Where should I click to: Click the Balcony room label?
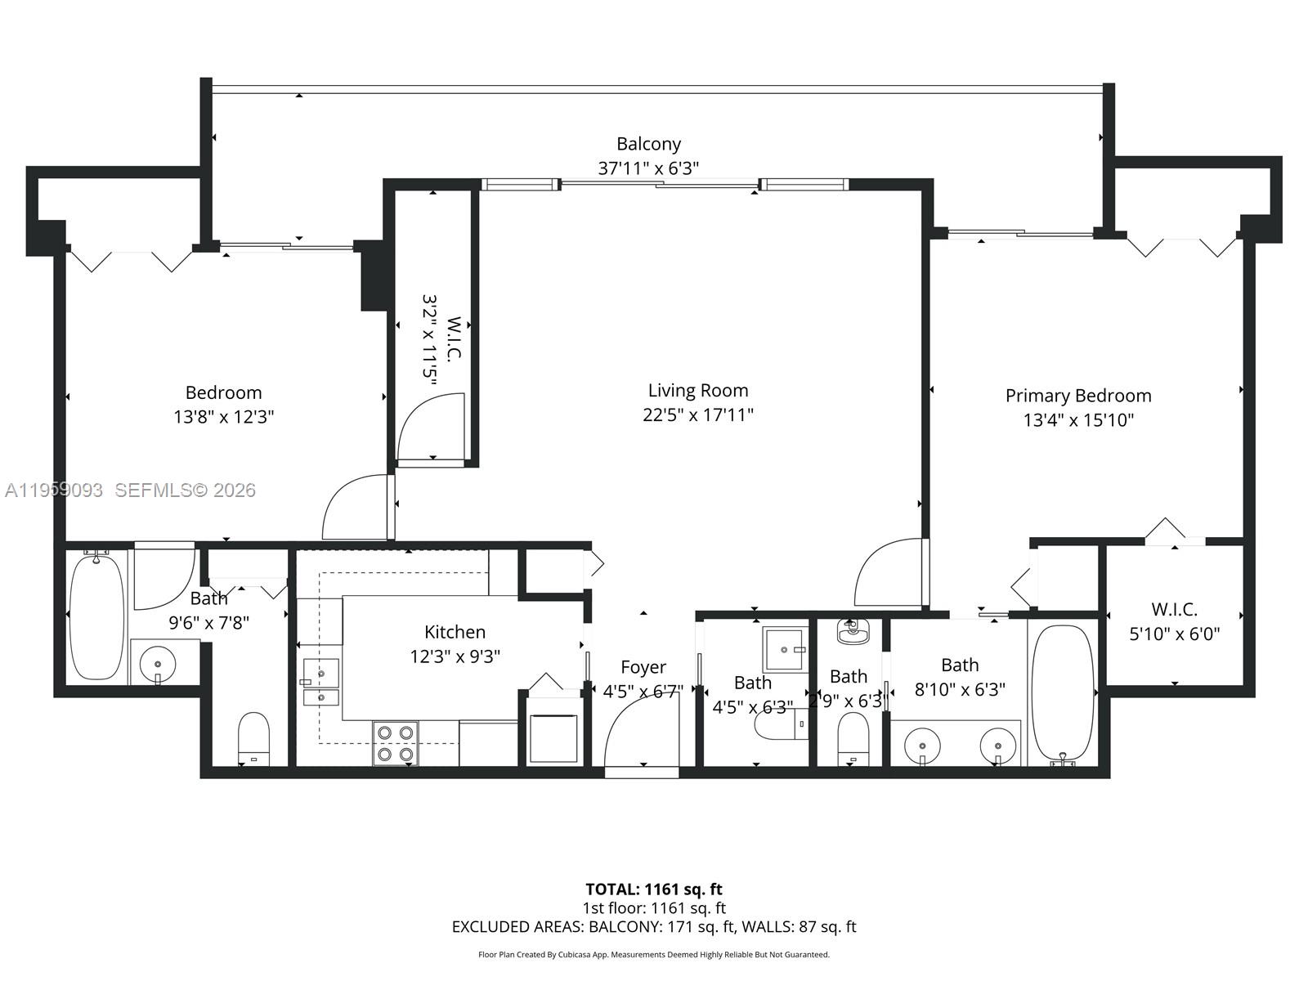click(648, 144)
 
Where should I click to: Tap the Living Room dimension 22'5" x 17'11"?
click(697, 415)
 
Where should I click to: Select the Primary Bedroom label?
click(1077, 396)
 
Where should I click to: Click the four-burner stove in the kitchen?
click(396, 743)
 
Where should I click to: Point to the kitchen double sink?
click(320, 682)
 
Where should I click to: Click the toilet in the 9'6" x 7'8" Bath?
click(253, 736)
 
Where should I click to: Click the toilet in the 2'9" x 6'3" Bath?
click(853, 737)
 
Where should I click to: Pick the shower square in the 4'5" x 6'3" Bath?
click(785, 649)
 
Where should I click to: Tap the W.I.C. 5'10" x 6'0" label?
click(1174, 621)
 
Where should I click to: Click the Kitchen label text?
click(455, 632)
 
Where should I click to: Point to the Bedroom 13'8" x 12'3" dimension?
click(223, 417)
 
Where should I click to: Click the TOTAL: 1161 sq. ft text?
click(654, 889)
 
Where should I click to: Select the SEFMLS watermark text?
click(185, 490)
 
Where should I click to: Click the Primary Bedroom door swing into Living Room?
click(889, 572)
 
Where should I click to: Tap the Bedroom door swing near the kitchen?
click(356, 508)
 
